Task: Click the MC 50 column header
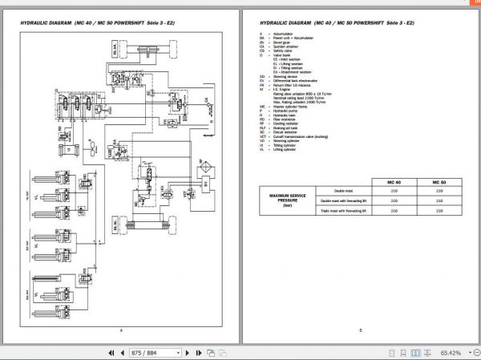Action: point(437,182)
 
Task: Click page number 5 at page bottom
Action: point(361,330)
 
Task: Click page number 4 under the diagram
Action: point(120,330)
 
